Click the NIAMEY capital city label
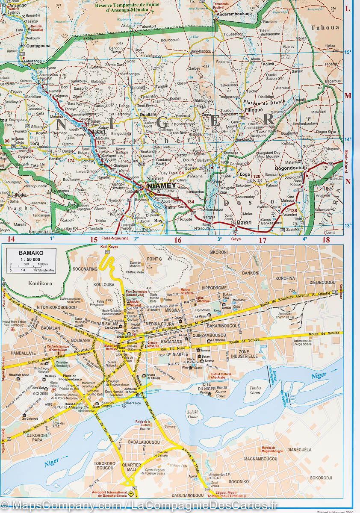point(161,186)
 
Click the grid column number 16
point(177,240)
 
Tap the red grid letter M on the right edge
point(348,96)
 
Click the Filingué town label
point(253,110)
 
